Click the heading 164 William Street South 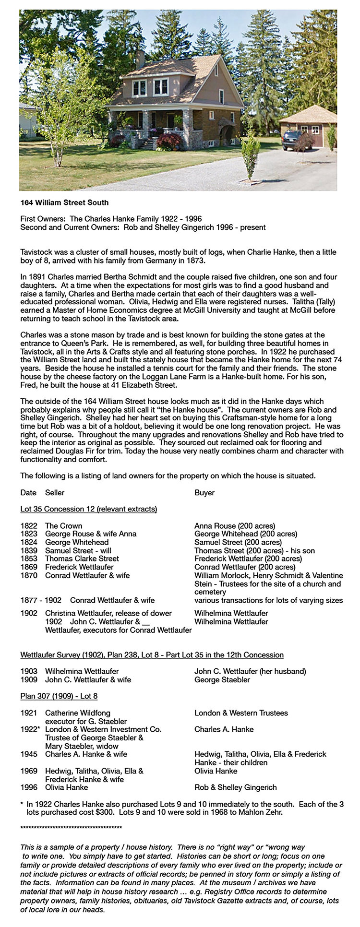click(x=64, y=202)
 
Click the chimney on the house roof click(x=140, y=59)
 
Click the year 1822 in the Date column click(x=29, y=526)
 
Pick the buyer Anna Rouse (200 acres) click(x=235, y=526)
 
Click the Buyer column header click(x=204, y=493)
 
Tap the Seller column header click(x=55, y=493)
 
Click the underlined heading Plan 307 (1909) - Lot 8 click(x=59, y=696)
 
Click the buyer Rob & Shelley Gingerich click(x=235, y=787)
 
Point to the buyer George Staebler click(x=222, y=679)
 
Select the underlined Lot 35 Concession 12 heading click(x=89, y=509)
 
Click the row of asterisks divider click(x=71, y=828)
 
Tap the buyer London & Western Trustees click(x=241, y=713)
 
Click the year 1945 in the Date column click(x=29, y=754)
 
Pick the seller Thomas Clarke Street click(x=82, y=559)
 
